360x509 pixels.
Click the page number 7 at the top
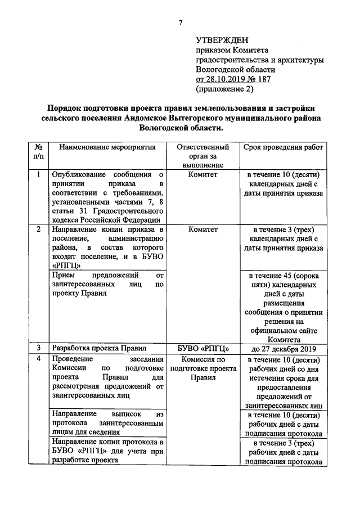click(181, 22)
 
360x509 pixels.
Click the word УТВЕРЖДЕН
click(221, 40)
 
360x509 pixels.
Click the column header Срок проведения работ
click(283, 147)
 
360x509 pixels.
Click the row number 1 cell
click(38, 174)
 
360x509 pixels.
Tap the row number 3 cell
click(38, 348)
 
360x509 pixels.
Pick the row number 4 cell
click(38, 359)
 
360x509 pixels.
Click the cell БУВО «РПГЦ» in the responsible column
click(202, 348)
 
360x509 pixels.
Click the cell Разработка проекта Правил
click(91, 348)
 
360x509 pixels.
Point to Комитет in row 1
click(202, 174)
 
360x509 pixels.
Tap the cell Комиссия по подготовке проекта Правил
click(202, 368)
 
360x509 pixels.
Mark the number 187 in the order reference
click(263, 79)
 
